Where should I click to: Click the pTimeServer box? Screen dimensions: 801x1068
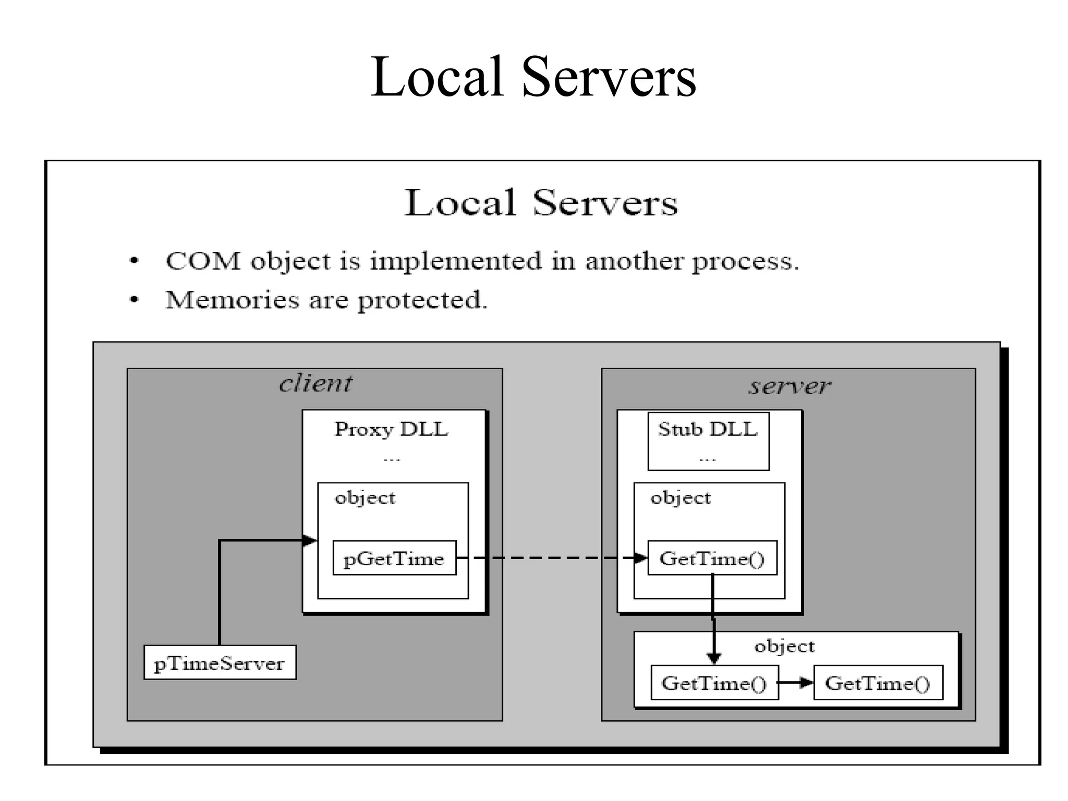(x=220, y=662)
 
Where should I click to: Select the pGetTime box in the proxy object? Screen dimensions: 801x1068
(x=394, y=559)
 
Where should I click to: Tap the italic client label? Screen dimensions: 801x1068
(x=315, y=384)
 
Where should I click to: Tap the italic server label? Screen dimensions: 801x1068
(x=790, y=386)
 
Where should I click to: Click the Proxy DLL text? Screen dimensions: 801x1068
(x=391, y=429)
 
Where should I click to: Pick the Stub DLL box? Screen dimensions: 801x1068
(x=708, y=441)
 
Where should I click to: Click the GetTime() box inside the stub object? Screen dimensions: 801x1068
(x=712, y=559)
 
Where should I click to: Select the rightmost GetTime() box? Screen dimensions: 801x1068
(x=878, y=683)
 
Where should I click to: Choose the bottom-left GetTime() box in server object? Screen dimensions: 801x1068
(x=714, y=683)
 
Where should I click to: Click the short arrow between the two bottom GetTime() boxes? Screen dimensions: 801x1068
(x=795, y=683)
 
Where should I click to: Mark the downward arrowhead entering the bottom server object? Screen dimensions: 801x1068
(x=713, y=658)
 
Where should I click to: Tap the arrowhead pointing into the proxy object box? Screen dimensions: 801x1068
(x=310, y=540)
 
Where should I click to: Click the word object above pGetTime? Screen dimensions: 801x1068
(x=365, y=497)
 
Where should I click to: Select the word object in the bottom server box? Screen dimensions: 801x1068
(x=784, y=647)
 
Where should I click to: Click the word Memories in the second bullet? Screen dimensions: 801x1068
(x=233, y=300)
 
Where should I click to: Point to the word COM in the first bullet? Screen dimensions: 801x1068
(x=203, y=261)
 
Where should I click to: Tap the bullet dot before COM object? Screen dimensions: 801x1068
(x=134, y=261)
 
